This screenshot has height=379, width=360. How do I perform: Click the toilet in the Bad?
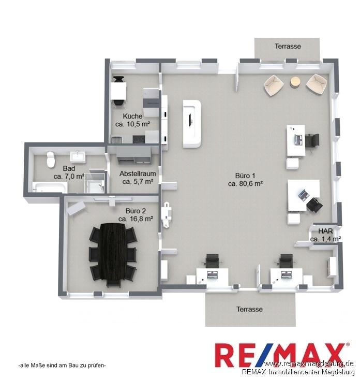tap(51, 159)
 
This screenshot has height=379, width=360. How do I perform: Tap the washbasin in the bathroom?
tap(78, 155)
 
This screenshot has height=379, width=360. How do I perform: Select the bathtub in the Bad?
tap(50, 188)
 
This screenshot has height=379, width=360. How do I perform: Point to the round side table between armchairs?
tap(295, 82)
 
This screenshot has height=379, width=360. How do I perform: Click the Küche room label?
tap(132, 116)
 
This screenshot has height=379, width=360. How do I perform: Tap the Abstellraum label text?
tap(138, 173)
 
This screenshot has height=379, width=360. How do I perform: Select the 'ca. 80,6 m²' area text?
tap(245, 184)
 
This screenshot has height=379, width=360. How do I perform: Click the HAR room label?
tap(325, 231)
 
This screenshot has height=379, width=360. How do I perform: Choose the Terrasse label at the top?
tap(288, 46)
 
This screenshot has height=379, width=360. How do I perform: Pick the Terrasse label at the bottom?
tap(249, 309)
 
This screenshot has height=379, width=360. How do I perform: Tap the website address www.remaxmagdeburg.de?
tap(309, 363)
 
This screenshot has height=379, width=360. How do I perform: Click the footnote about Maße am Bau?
tap(62, 366)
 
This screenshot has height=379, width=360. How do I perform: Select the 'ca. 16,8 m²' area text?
tap(136, 219)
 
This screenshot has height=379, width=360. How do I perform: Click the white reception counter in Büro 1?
tap(192, 124)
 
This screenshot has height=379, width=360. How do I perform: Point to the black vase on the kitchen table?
tap(118, 79)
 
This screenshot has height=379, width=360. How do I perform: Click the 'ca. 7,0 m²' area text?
tap(69, 177)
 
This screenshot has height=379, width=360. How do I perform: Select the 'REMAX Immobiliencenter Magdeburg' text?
tap(298, 372)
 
